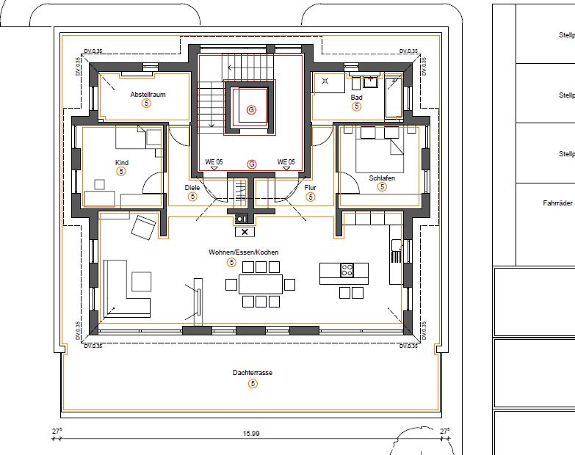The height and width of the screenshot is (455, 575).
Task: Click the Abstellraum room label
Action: [x=148, y=95]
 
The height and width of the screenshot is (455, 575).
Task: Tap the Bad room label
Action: [x=356, y=97]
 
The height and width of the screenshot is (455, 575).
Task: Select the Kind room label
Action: [x=122, y=162]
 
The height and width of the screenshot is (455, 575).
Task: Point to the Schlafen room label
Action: [x=382, y=178]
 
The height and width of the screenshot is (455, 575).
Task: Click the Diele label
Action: [x=192, y=188]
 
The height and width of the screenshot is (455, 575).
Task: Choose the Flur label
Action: [x=310, y=188]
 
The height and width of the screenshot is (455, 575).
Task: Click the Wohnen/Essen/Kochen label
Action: [x=233, y=252]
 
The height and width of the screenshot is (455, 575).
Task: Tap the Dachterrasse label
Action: [x=253, y=373]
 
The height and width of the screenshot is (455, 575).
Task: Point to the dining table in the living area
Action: [x=261, y=283]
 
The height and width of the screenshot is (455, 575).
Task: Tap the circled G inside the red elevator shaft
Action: [x=251, y=110]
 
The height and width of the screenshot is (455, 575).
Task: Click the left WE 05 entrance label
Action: [x=214, y=161]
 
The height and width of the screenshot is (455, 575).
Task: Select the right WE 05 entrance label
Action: [x=286, y=161]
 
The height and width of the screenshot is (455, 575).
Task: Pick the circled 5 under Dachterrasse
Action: [x=253, y=383]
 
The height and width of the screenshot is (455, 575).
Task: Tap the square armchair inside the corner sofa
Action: [x=141, y=282]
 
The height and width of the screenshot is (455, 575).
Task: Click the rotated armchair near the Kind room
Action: [x=143, y=227]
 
